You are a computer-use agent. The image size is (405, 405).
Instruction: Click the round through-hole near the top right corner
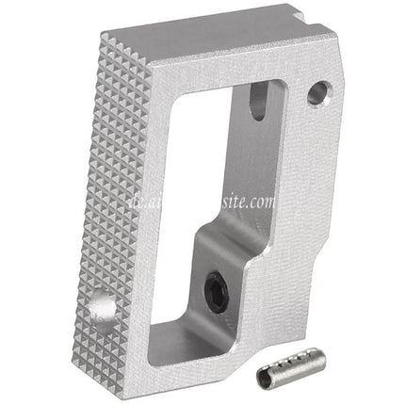[x=318, y=92]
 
